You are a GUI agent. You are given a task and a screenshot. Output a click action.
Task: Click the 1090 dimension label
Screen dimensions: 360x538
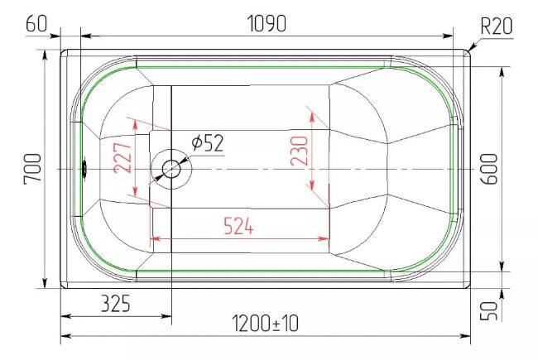pos(266,24)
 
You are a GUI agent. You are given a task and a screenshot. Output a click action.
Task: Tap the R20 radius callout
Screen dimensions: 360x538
pos(497,26)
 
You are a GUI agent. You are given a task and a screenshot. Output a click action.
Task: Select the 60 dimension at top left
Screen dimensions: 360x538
pos(36,24)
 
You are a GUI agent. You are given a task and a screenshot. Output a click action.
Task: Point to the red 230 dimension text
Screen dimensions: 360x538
pos(299,151)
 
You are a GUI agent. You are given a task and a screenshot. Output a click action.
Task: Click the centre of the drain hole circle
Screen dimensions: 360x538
pos(171,169)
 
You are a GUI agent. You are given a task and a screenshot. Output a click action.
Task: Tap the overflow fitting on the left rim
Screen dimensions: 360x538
pos(84,169)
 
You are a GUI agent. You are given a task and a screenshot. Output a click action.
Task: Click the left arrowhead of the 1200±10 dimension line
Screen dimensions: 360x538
pos(65,337)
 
